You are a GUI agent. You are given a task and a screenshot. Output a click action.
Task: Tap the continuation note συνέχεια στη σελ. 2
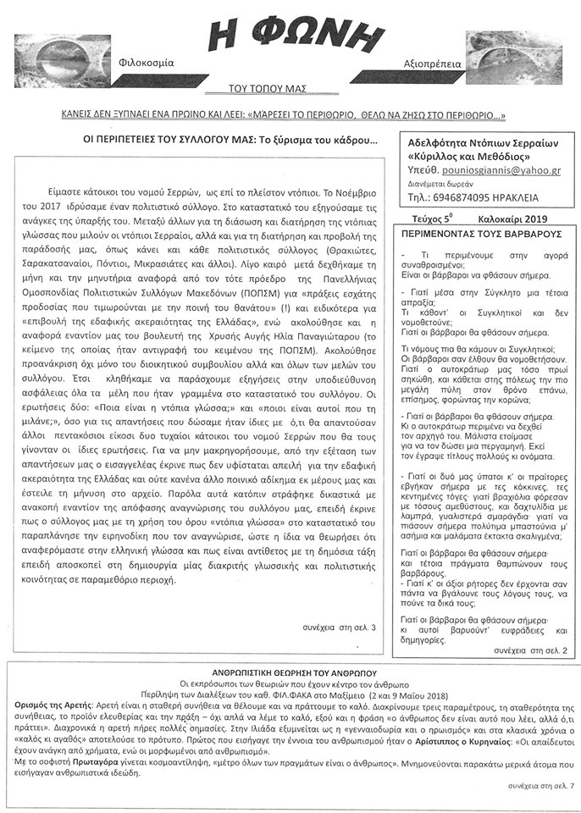(530, 650)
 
